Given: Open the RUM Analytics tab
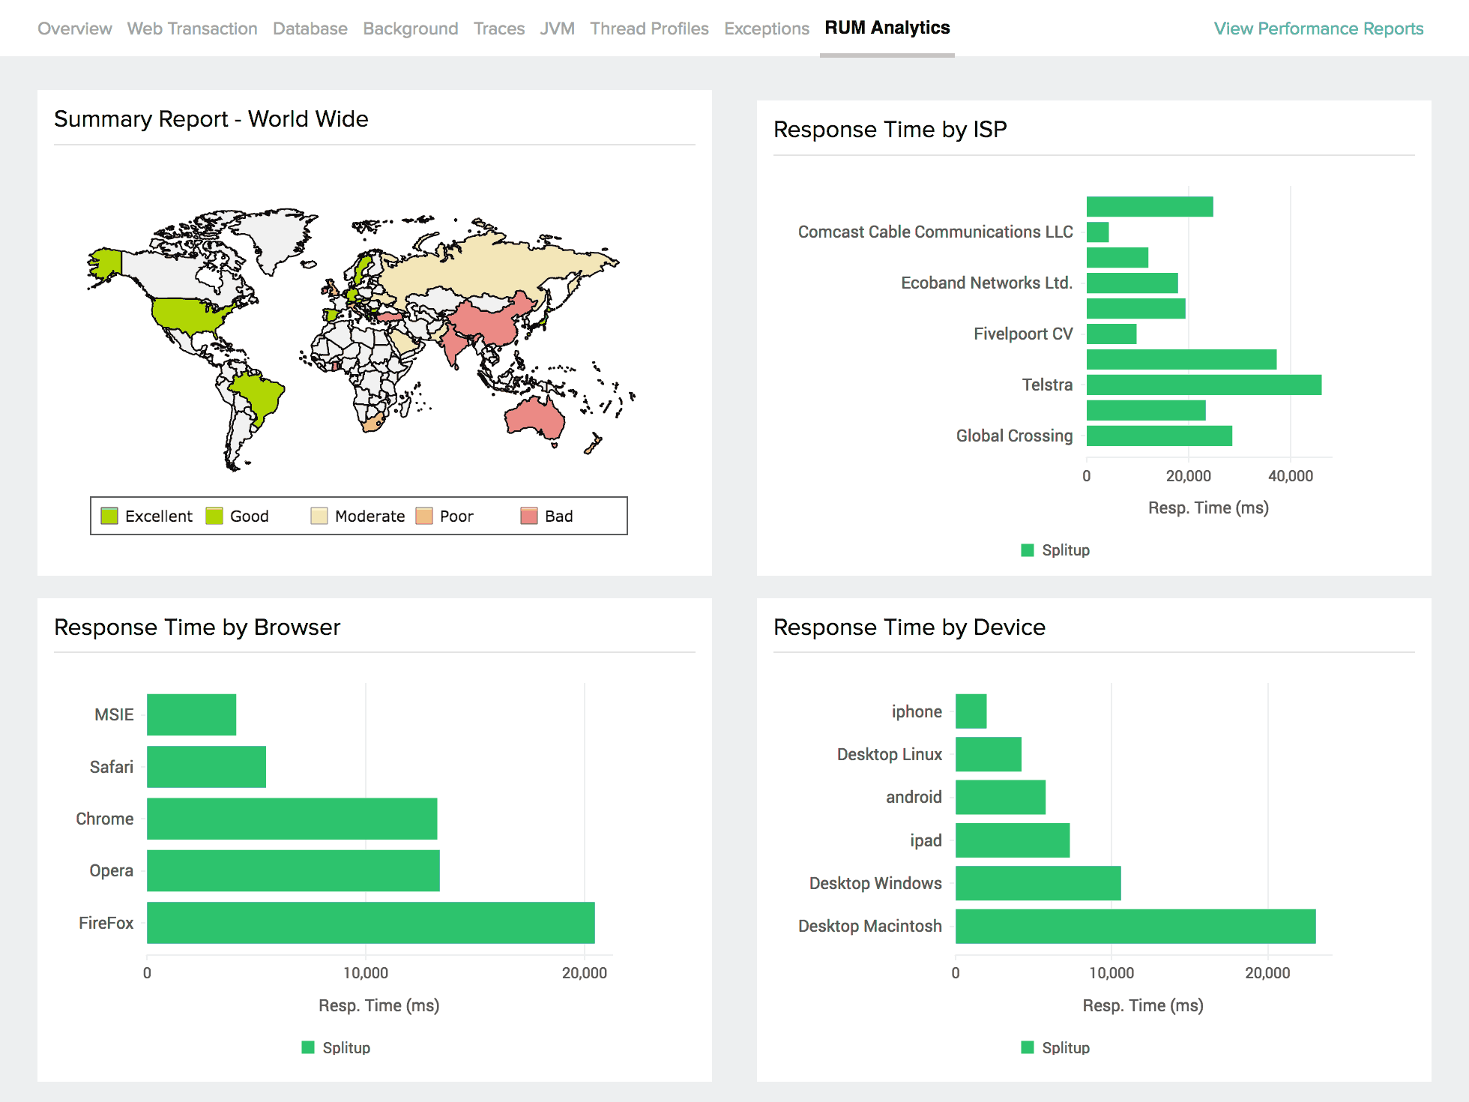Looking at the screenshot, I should coord(887,28).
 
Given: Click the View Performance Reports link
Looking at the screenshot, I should coord(1318,28).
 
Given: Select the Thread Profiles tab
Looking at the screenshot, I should coord(649,28).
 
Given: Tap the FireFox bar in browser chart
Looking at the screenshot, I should coord(370,922).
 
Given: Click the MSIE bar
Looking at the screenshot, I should coord(191,714).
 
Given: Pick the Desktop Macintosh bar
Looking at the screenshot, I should coord(1135,926).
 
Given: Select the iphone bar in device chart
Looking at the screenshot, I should coord(971,711).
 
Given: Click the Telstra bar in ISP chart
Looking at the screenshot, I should coord(1203,385).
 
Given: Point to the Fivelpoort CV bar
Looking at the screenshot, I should coord(1111,334).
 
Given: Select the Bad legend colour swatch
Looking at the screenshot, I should coord(529,516).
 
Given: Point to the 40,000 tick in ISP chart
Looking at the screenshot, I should coord(1290,476).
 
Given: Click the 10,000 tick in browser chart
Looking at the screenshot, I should coord(366,973).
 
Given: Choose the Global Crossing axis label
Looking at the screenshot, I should coord(1014,436).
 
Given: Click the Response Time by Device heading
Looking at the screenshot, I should coord(909,627).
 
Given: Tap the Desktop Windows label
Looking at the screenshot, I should coord(875,883).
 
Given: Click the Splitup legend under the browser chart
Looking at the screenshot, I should coord(337,1047).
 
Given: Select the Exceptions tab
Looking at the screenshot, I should coord(766,28).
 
